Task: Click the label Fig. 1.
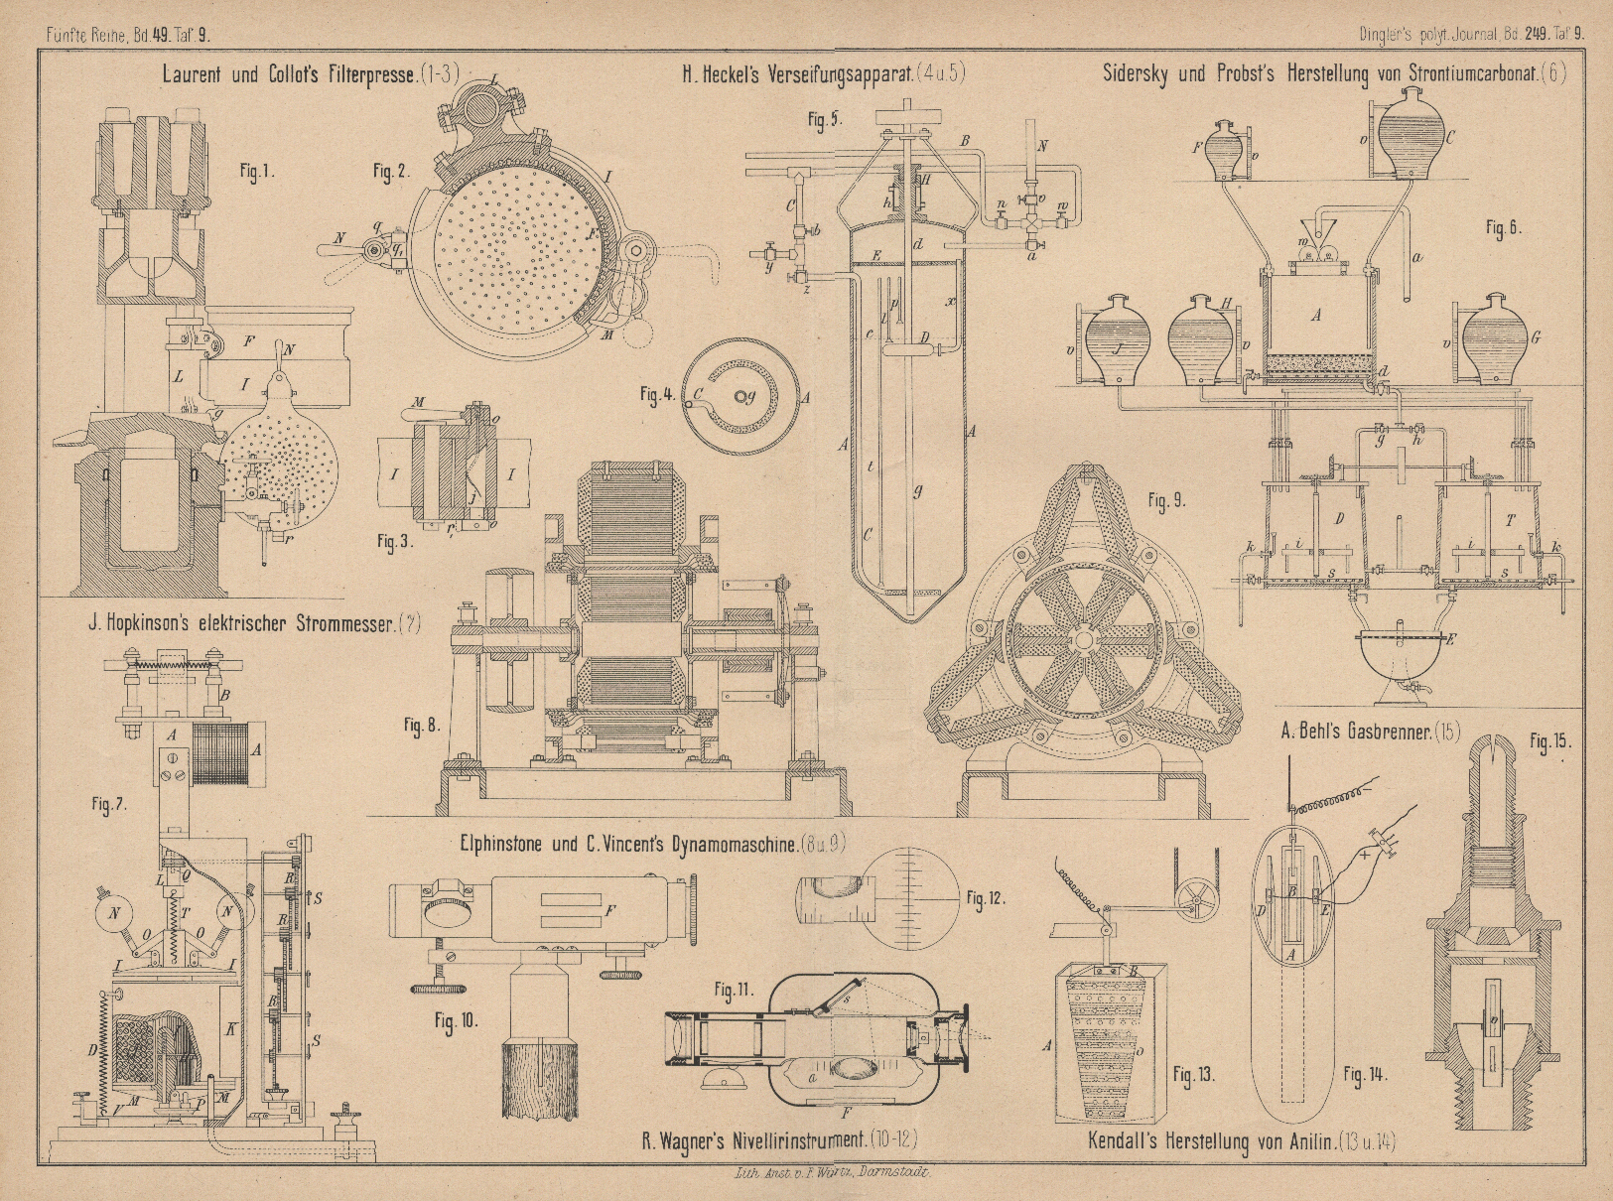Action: click(x=256, y=172)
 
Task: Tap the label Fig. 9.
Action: click(x=1166, y=501)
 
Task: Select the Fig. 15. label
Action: click(x=1549, y=741)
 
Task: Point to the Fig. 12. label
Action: click(x=985, y=898)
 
